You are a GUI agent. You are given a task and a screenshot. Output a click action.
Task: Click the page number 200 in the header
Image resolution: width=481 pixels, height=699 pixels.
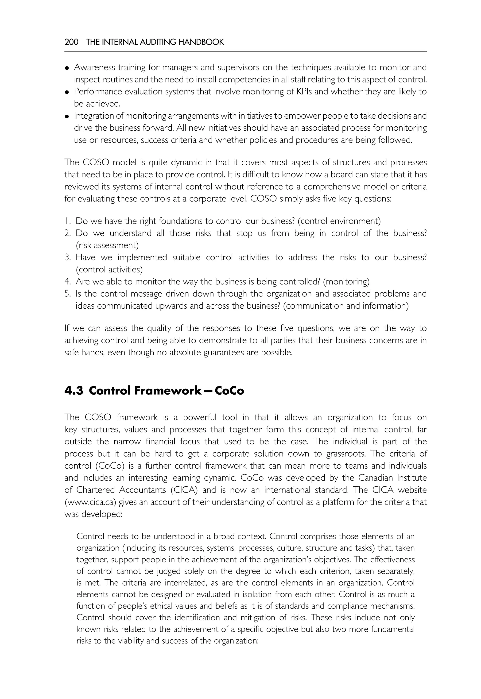click(71, 42)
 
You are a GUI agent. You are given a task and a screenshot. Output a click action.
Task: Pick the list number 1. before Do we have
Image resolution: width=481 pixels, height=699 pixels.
click(68, 221)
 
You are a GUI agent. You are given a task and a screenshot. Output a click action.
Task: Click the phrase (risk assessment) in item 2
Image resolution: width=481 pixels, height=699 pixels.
click(107, 245)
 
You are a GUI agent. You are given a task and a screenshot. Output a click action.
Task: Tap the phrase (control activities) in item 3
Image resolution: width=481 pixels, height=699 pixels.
click(109, 269)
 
